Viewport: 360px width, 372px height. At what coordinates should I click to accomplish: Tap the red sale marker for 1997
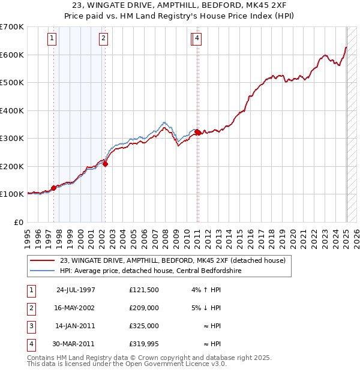point(54,188)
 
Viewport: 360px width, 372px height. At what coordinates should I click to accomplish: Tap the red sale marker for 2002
point(105,163)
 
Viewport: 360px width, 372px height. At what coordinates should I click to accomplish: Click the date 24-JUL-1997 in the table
point(76,290)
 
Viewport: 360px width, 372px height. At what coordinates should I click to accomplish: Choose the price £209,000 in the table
point(143,308)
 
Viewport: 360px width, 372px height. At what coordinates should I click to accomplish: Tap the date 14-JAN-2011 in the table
point(76,326)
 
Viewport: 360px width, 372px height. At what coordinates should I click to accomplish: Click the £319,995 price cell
point(143,344)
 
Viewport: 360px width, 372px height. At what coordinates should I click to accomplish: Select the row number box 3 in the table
point(30,326)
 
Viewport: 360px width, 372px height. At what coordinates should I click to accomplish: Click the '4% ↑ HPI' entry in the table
point(205,290)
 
